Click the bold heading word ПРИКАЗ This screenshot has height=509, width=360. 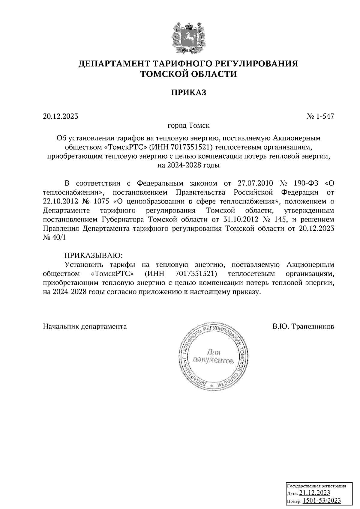pos(189,93)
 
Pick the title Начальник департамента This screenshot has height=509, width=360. pos(85,326)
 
